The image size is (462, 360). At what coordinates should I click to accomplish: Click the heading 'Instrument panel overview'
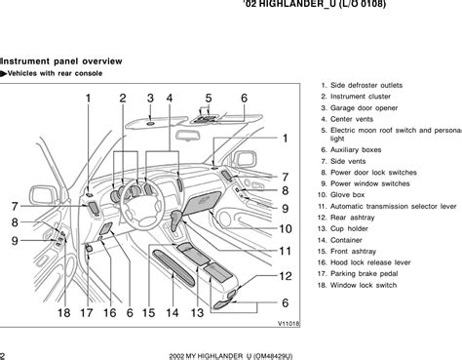tap(61, 61)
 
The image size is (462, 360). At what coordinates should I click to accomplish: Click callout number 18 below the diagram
tap(64, 313)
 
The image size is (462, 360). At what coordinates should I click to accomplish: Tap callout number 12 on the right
tap(286, 276)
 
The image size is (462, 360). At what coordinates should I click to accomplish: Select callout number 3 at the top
tap(150, 99)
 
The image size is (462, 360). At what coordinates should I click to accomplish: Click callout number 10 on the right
tap(286, 229)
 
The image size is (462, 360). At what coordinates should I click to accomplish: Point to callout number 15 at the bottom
tap(148, 313)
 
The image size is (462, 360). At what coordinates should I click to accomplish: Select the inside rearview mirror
tap(187, 136)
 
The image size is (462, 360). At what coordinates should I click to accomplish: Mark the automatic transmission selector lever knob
tap(176, 217)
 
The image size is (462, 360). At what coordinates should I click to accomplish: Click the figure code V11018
tap(289, 324)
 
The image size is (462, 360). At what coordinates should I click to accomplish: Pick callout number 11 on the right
tap(286, 251)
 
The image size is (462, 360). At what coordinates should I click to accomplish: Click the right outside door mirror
tap(244, 159)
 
